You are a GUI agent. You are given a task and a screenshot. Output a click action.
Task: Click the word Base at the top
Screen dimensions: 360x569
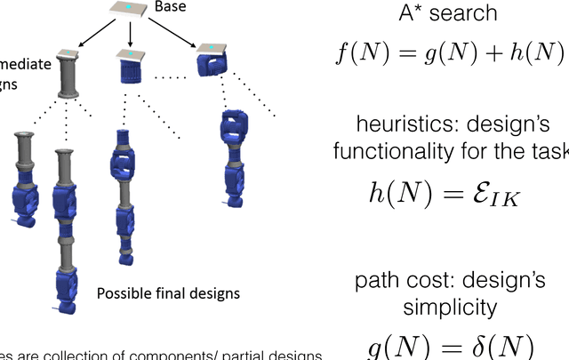coord(171,8)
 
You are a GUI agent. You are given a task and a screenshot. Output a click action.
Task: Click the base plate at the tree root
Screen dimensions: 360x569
coord(129,10)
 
